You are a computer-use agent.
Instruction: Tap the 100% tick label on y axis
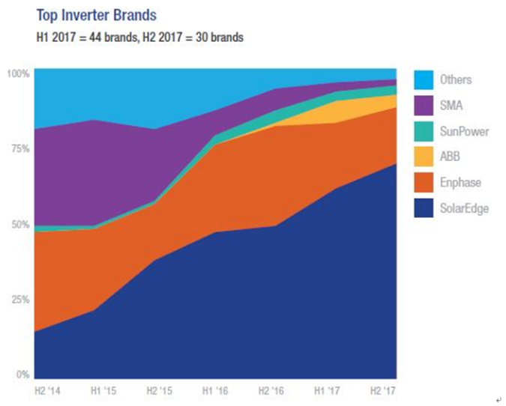(x=17, y=73)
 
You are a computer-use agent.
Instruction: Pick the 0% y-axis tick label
(x=20, y=375)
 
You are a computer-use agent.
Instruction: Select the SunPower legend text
(x=465, y=131)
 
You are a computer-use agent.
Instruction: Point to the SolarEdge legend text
(x=466, y=208)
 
